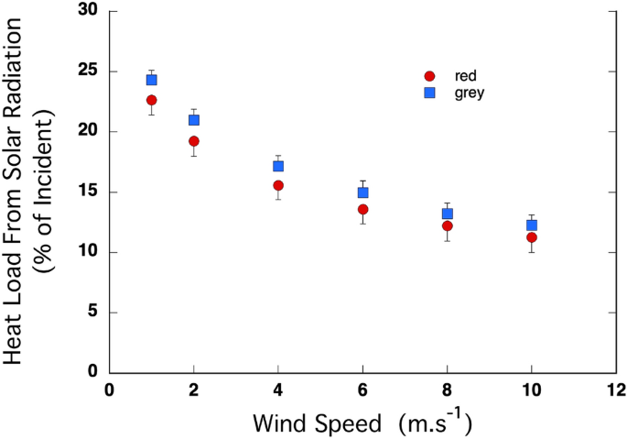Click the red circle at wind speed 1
coord(152,100)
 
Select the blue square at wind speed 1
coord(152,80)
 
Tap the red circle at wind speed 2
coord(194,141)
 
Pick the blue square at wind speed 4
coord(278,166)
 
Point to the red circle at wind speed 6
coord(362,209)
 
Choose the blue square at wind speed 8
coord(448,214)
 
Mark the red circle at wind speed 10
coord(532,237)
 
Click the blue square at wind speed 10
coord(532,225)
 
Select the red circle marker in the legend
coord(429,76)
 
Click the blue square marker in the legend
coord(429,93)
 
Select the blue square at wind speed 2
coord(194,120)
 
